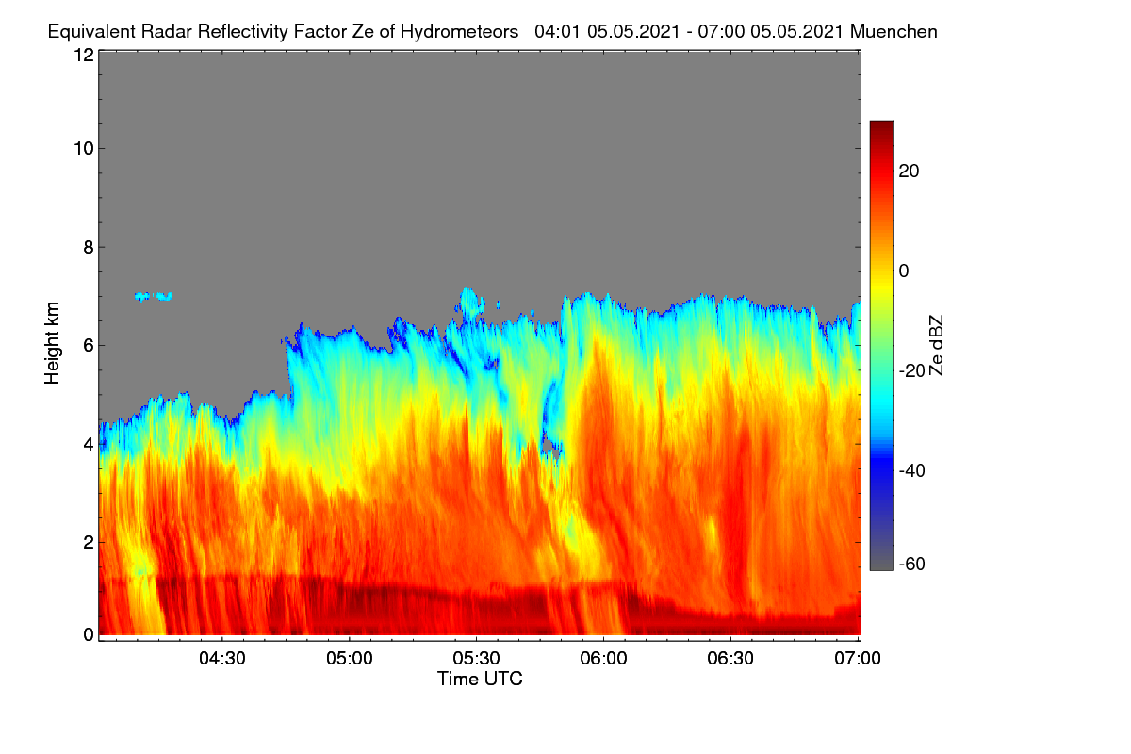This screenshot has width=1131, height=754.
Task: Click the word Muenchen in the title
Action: click(x=893, y=32)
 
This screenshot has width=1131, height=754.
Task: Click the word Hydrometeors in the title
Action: click(x=459, y=32)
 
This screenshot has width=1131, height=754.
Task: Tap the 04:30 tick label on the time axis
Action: click(x=222, y=659)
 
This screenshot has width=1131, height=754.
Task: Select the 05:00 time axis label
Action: click(x=350, y=659)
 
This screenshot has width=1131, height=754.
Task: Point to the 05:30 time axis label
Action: click(x=476, y=659)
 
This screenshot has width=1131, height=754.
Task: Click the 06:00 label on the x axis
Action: click(x=603, y=659)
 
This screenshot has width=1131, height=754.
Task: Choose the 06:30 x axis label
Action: click(x=730, y=659)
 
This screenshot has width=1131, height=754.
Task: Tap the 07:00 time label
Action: click(x=858, y=659)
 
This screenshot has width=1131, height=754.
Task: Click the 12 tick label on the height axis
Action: click(x=84, y=55)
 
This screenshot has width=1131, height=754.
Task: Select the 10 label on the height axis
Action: click(x=84, y=149)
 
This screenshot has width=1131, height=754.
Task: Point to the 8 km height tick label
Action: click(x=89, y=248)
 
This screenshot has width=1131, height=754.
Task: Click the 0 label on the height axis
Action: click(x=89, y=634)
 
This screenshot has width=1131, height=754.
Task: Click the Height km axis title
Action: click(x=52, y=343)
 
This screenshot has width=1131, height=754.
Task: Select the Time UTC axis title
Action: click(x=480, y=679)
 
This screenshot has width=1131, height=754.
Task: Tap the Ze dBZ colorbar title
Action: click(x=936, y=346)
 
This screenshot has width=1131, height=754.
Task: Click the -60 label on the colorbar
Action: click(x=912, y=565)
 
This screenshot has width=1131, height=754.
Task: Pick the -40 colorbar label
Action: click(x=912, y=470)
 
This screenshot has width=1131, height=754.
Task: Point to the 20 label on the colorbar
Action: click(x=909, y=172)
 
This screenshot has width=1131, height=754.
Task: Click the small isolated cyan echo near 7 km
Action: click(x=154, y=296)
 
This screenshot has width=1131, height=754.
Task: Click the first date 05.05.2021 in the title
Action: click(x=633, y=32)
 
